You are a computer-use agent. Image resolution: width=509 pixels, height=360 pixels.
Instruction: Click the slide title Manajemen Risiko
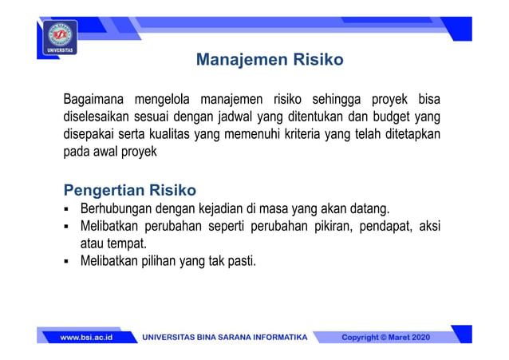[270, 60]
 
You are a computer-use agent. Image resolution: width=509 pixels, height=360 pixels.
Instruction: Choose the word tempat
[132, 243]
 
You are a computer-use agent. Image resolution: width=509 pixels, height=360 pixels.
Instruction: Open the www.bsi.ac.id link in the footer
[86, 338]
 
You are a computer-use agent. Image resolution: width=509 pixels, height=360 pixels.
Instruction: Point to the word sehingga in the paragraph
[338, 100]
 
